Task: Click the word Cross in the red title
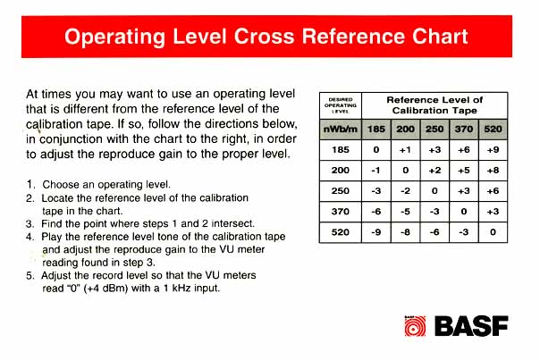pyautogui.click(x=264, y=37)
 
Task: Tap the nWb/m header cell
pyautogui.click(x=341, y=130)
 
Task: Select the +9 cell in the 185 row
pyautogui.click(x=493, y=150)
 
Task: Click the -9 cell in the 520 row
pyautogui.click(x=376, y=232)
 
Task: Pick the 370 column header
pyautogui.click(x=463, y=130)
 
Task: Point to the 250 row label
pyautogui.click(x=341, y=191)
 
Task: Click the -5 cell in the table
pyautogui.click(x=405, y=212)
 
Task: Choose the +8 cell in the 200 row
pyautogui.click(x=493, y=171)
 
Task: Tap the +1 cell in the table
pyautogui.click(x=405, y=150)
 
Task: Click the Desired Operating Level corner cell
pyautogui.click(x=341, y=105)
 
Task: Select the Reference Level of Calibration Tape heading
pyautogui.click(x=435, y=105)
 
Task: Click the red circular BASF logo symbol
pyautogui.click(x=415, y=326)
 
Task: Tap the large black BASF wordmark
pyautogui.click(x=471, y=326)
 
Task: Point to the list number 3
pyautogui.click(x=30, y=223)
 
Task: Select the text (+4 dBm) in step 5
pyautogui.click(x=105, y=288)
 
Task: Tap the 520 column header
pyautogui.click(x=493, y=130)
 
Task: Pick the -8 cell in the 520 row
pyautogui.click(x=405, y=232)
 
